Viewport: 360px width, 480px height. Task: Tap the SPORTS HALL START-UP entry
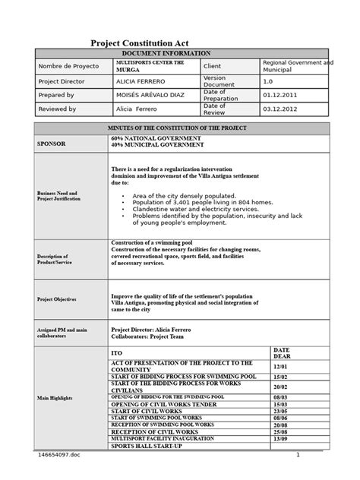(x=151, y=447)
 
